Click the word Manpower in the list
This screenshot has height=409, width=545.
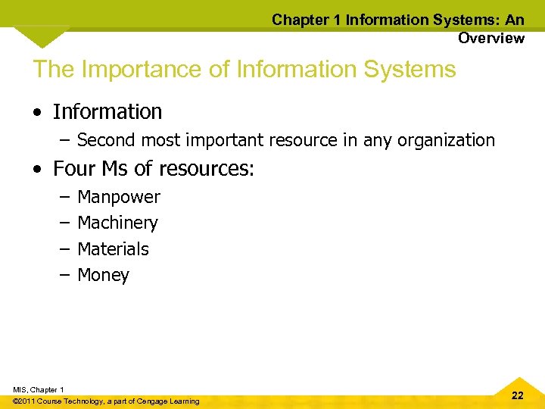[x=119, y=197]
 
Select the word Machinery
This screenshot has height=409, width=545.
[x=117, y=223]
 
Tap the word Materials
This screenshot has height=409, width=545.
[x=113, y=248]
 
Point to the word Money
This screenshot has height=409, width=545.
[x=103, y=275]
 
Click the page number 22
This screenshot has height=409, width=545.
[x=517, y=395]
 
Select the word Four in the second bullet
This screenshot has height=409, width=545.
[x=73, y=168]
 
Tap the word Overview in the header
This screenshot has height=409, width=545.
[x=490, y=38]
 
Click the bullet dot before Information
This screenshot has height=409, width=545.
[x=37, y=113]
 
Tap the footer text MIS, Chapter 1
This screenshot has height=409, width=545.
[x=38, y=389]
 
